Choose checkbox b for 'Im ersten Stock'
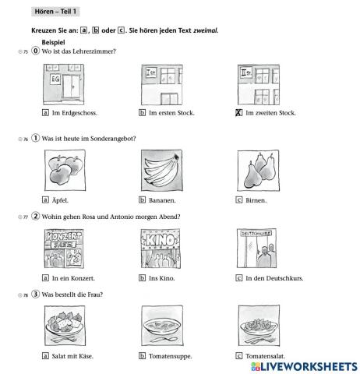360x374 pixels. click(x=142, y=113)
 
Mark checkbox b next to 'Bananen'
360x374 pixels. click(x=142, y=200)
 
